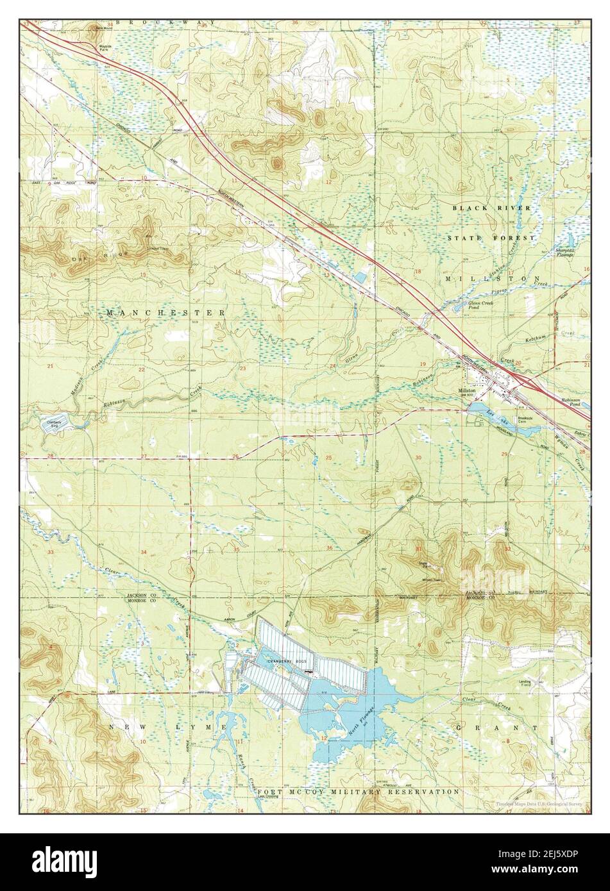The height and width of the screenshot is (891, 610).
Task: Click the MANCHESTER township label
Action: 165,313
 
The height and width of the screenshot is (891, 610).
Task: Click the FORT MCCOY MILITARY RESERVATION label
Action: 359,792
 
